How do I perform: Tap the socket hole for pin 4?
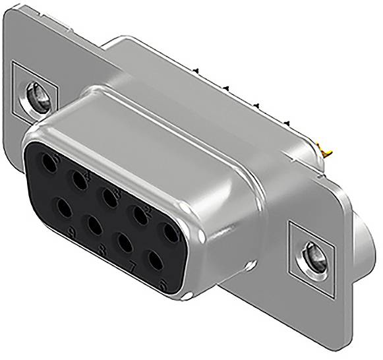[x=80, y=179]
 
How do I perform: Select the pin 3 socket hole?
[x=110, y=196]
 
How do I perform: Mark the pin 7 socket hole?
[x=125, y=244]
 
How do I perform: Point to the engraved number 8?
[x=103, y=251]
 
